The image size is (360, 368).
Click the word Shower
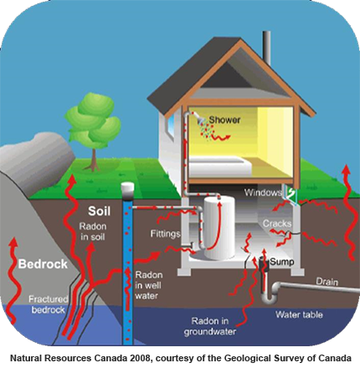coord(224,120)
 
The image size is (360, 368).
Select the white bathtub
coord(220,166)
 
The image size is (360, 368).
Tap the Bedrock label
coord(43,263)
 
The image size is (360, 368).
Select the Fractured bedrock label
coord(49,304)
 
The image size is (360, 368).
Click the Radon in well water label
coord(148,285)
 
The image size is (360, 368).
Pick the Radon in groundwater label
coord(209,326)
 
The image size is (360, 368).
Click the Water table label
coord(299,314)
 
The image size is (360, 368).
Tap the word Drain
coord(327,282)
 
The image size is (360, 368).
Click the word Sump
coord(282,262)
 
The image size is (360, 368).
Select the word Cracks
coord(277,223)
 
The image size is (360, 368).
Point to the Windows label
coord(263,192)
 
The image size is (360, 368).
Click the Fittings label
coord(165,233)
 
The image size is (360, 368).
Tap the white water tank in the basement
coord(219,228)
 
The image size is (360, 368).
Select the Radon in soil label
coord(93,232)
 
